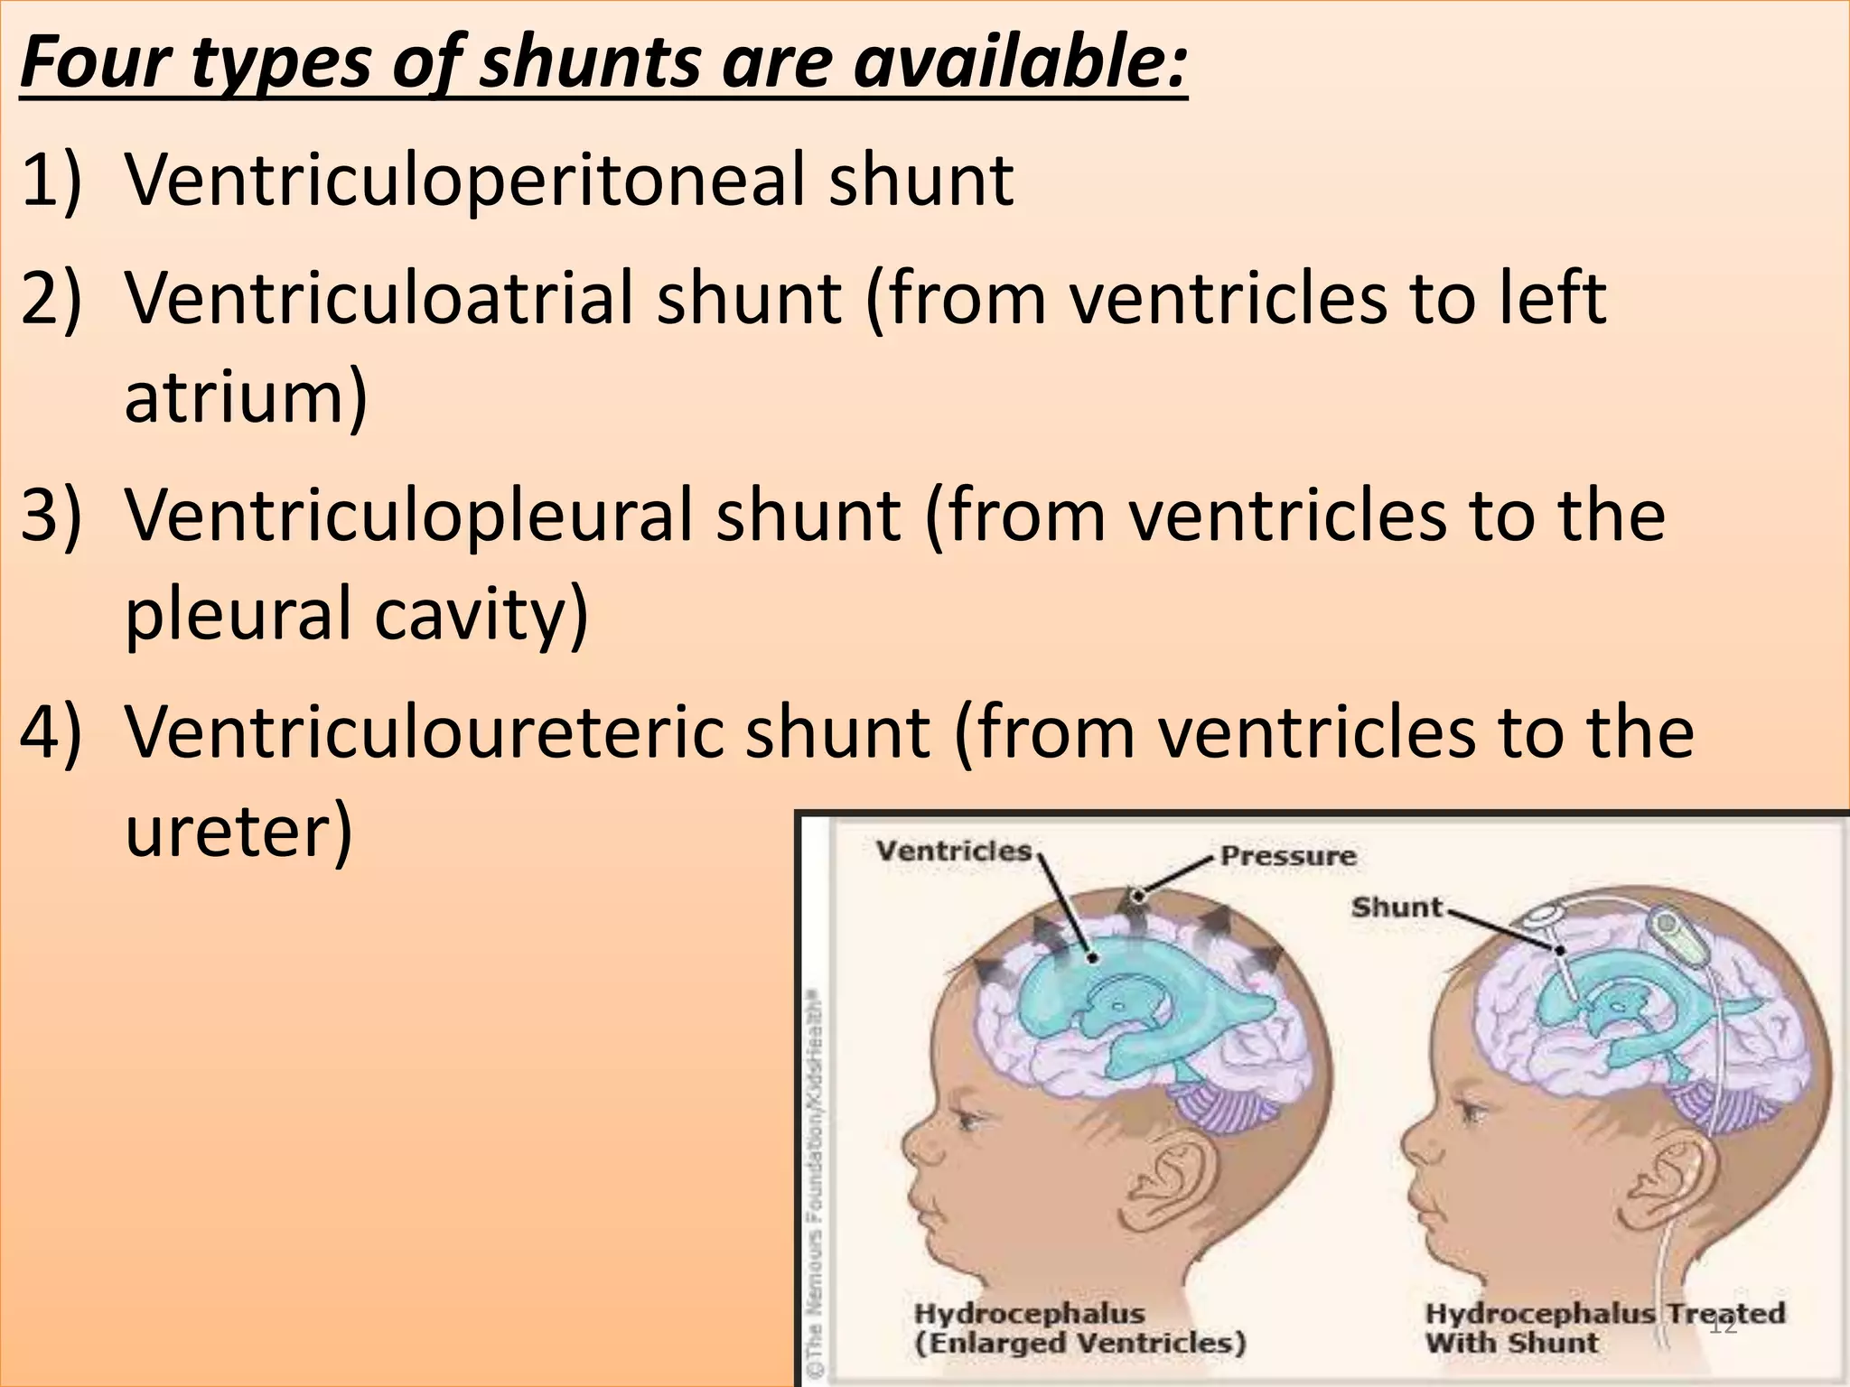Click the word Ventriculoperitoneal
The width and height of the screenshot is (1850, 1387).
point(463,181)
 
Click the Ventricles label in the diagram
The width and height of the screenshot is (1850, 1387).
point(953,851)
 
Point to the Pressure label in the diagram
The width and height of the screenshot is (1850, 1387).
point(1288,856)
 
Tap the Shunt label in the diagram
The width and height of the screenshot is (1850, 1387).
point(1397,907)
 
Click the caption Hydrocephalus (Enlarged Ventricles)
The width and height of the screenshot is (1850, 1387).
point(1079,1327)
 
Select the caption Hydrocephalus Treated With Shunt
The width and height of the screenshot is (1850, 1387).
point(1604,1327)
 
